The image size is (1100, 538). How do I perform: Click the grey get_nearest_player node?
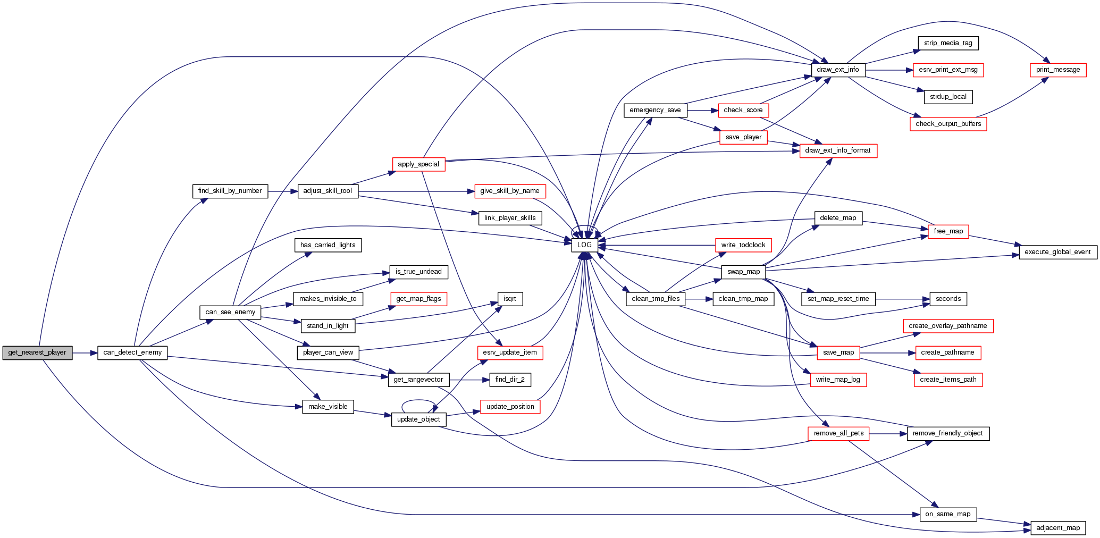coord(37,352)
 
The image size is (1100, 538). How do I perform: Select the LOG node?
coord(584,245)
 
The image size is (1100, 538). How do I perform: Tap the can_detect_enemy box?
coord(132,352)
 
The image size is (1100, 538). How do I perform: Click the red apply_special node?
coord(418,164)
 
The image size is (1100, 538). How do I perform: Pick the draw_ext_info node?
coord(838,70)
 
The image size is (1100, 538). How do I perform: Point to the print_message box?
coord(1058,70)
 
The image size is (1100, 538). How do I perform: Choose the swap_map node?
coord(744,272)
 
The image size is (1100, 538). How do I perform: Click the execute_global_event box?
coord(1057,252)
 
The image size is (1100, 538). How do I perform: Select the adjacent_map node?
coord(1058,528)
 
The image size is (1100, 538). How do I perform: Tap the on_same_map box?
coord(948,514)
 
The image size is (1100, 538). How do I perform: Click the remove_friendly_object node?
coord(948,433)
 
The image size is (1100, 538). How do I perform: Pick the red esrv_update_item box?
coord(510,352)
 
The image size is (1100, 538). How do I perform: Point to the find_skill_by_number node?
coord(230,191)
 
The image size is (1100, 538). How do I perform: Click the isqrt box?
coord(510,299)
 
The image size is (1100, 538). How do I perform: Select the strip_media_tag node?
coord(948,43)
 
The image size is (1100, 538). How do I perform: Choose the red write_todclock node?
coord(743,245)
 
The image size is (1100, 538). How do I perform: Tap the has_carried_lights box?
coord(328,245)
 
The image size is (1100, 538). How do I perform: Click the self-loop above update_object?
coord(418,401)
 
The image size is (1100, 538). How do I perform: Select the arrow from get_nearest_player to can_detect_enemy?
coord(85,352)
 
